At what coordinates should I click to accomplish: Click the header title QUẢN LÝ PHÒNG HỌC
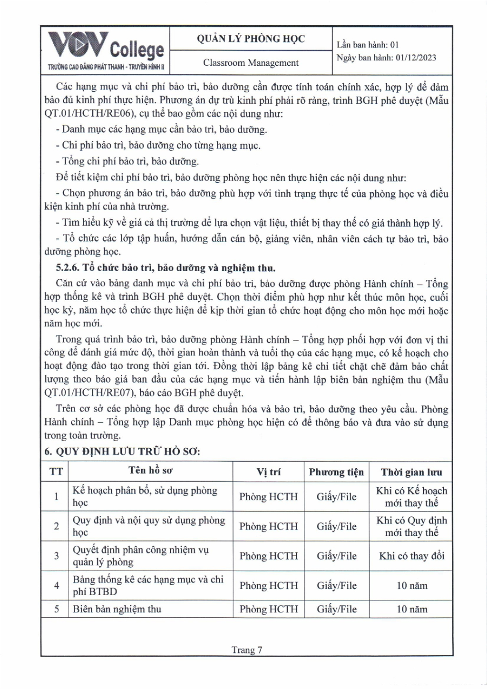251,39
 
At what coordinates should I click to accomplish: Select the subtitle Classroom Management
251,63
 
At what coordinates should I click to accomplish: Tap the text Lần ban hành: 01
368,45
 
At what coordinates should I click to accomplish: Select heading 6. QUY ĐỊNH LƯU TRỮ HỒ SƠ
122,451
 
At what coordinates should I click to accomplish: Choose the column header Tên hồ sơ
150,471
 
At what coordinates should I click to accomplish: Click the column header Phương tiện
336,472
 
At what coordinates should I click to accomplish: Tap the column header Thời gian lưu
411,472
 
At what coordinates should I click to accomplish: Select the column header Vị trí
268,472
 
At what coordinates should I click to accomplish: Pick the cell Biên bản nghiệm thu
117,609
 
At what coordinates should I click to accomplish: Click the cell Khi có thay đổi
411,556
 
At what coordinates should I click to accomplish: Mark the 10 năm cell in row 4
411,586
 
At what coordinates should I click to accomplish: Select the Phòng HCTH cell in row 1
268,497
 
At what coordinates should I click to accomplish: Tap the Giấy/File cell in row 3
336,556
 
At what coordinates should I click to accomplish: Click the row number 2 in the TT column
56,526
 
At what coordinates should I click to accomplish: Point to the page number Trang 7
247,650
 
